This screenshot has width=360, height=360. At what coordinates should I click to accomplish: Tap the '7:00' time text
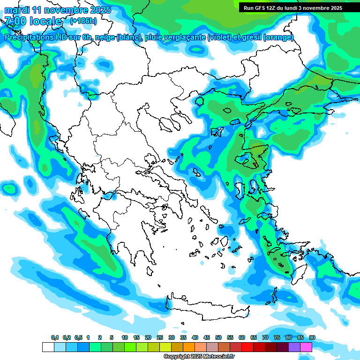coord(15,21)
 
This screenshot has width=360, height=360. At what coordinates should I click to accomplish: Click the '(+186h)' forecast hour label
coord(83,21)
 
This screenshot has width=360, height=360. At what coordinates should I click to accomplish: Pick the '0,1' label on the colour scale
coord(55,338)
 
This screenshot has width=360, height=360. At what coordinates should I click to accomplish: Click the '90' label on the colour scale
coord(312,338)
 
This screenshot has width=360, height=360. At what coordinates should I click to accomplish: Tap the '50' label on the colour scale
coord(218,338)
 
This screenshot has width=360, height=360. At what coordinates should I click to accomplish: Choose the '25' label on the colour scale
coord(160,338)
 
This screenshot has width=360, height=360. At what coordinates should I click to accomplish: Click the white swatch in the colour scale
coord(48,347)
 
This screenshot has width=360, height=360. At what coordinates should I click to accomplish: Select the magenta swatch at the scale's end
coord(306,347)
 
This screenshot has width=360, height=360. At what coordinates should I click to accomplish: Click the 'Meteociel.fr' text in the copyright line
coord(218,357)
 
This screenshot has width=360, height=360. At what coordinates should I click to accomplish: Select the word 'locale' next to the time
coord(45,21)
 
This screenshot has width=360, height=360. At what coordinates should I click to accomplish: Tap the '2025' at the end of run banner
coord(335,8)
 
